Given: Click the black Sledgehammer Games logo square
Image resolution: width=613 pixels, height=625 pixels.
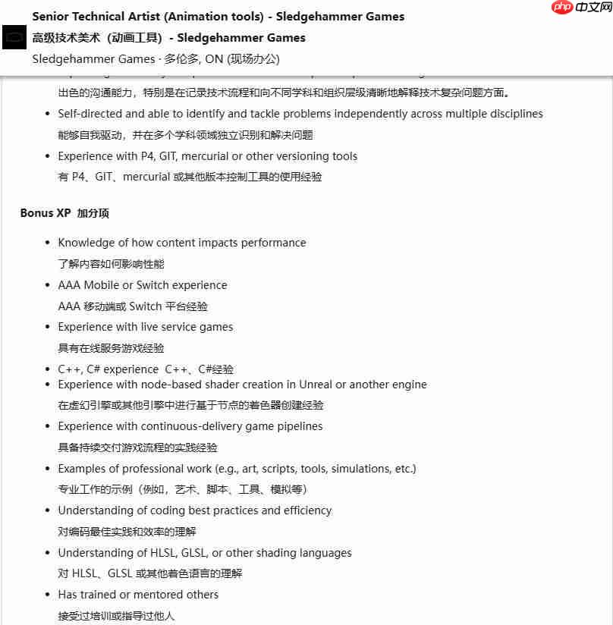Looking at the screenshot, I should click(14, 37).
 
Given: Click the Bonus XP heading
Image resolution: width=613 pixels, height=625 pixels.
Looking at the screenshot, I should click(45, 213).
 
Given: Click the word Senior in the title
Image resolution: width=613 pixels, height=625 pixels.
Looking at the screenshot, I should click(51, 17).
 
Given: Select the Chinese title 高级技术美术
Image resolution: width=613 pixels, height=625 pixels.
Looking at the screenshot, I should click(68, 38).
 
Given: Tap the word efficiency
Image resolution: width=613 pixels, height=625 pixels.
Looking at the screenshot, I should click(306, 510).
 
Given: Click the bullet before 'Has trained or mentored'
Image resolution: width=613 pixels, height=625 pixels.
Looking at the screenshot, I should click(48, 595).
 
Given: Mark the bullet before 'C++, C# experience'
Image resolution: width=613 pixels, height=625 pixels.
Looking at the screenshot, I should click(48, 370).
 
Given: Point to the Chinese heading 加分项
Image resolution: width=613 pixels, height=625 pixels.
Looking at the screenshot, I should click(93, 213).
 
